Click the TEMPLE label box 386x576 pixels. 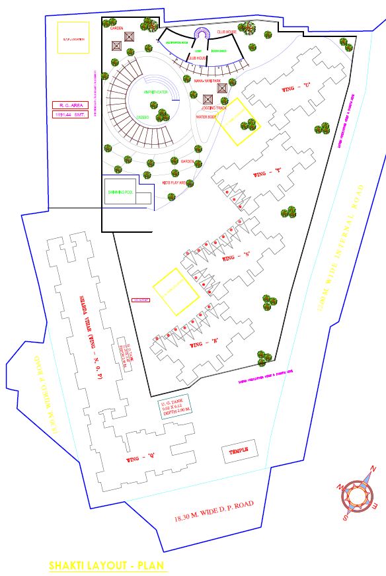(238, 452)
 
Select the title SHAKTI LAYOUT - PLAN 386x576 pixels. (108, 566)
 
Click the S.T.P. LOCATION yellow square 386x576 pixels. (73, 38)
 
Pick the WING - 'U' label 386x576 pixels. (296, 86)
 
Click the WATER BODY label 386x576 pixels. (207, 116)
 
